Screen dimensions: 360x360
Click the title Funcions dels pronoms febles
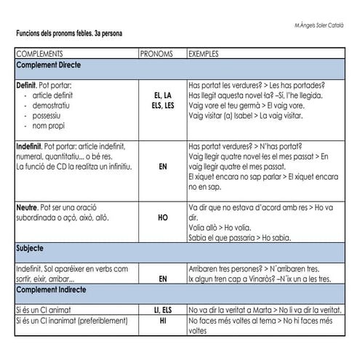click(x=69, y=34)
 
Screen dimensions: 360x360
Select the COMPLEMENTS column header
click(x=39, y=55)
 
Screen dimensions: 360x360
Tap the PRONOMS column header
click(x=156, y=55)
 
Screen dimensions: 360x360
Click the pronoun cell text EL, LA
click(x=162, y=95)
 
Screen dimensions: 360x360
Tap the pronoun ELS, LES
click(x=162, y=105)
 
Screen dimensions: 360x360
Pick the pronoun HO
click(x=162, y=217)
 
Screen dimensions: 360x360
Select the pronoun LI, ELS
click(x=162, y=310)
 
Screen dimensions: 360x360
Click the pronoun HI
click(x=162, y=320)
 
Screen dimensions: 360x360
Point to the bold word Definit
click(x=27, y=85)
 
